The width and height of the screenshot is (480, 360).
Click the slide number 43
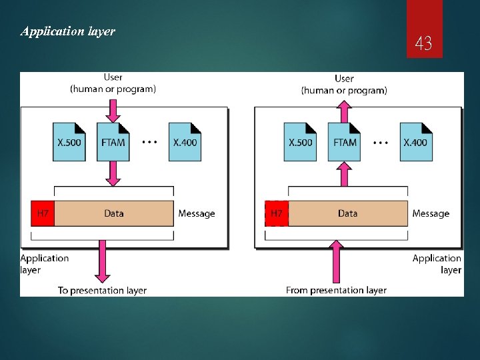423,45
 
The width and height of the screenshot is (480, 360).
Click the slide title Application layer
68,31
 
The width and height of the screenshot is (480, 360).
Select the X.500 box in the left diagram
70,141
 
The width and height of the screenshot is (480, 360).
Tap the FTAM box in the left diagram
113,141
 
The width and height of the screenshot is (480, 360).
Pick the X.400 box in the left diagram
185,141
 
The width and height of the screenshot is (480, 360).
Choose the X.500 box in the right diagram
301,141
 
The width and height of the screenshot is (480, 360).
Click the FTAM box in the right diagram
344,141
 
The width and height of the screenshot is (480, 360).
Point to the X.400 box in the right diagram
415,141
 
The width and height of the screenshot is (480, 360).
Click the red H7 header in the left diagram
42,213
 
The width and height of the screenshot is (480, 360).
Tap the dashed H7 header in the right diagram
276,213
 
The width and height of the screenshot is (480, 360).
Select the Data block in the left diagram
114,213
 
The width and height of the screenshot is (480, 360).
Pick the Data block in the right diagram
347,213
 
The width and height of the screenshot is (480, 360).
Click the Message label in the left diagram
197,213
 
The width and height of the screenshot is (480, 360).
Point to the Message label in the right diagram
431,213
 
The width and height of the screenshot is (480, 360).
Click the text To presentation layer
102,290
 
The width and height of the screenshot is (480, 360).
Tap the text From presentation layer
336,290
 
